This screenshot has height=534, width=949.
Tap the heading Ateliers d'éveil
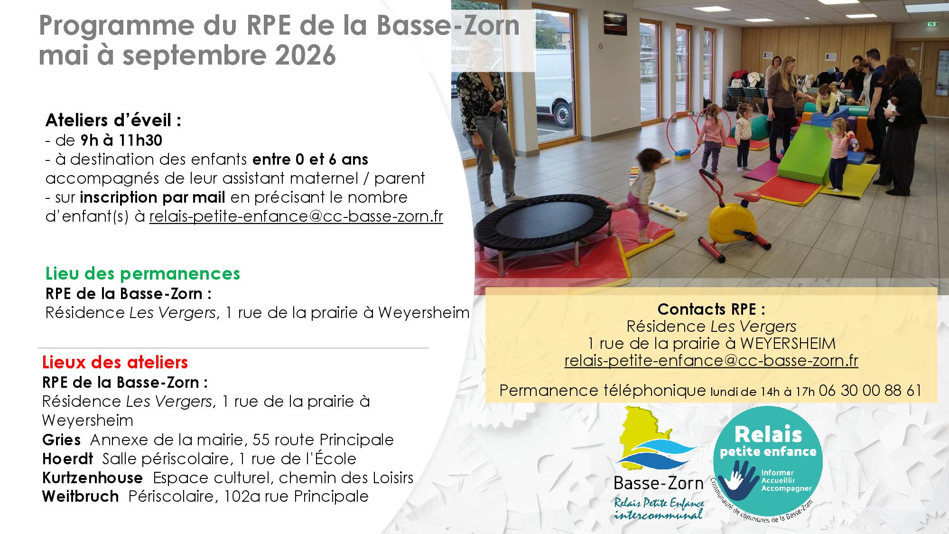(113, 121)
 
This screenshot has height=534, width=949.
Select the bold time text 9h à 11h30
(121, 141)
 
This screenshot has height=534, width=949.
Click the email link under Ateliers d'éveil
(296, 216)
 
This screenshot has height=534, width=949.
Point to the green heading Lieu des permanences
(143, 273)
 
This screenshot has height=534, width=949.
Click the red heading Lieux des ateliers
(115, 362)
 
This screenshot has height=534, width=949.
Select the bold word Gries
(61, 440)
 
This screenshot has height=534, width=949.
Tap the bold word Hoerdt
(68, 459)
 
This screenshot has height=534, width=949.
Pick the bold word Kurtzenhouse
(93, 478)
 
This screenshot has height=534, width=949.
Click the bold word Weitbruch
(81, 497)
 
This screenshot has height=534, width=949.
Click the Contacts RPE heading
(711, 309)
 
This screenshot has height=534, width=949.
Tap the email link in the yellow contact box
(711, 361)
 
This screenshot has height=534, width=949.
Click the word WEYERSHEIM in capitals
(788, 344)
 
